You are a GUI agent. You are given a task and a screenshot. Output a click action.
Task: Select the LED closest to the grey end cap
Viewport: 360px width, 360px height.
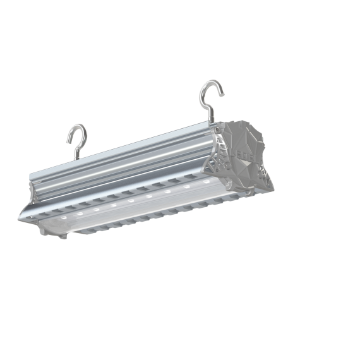point(203,184)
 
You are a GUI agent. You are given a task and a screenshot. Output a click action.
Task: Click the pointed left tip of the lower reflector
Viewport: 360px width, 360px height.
point(21,217)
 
